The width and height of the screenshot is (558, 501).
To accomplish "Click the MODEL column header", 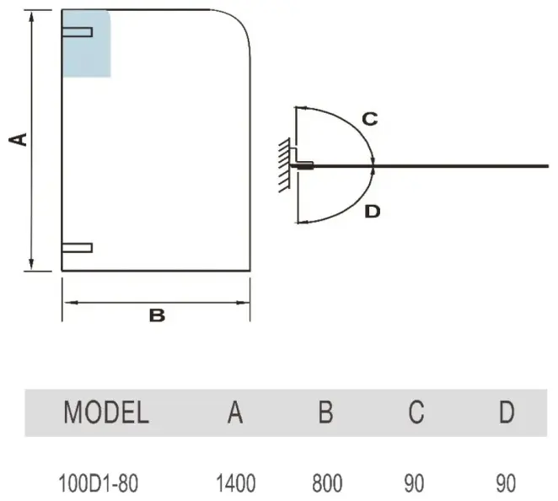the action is (106, 412).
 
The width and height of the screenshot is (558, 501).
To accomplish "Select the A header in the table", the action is (235, 412).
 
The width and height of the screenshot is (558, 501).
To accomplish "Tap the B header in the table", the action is (325, 412).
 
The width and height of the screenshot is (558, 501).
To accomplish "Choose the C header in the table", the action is (416, 412).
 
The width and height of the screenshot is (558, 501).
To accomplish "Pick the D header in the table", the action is (507, 412).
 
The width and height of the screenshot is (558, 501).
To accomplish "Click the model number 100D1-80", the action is (98, 483).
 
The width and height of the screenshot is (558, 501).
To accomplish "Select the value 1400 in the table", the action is (236, 483).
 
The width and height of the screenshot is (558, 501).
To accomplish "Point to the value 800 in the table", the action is (327, 483).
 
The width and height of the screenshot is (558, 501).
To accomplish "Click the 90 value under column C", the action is (414, 483).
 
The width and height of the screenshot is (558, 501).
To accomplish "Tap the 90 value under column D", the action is (506, 483).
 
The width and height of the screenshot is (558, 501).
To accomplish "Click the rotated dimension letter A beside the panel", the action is (19, 139).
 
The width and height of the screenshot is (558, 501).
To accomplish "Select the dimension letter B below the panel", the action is (157, 315).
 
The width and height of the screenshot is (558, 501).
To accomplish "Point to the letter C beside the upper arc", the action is (370, 119).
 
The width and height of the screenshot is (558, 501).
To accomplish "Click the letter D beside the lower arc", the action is (373, 212).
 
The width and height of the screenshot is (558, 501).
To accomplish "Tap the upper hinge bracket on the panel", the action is (78, 32).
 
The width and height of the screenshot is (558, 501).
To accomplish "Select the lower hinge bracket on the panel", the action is (78, 247).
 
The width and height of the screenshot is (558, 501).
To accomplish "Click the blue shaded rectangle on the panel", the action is (87, 44).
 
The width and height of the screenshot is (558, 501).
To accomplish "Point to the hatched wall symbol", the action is (284, 164).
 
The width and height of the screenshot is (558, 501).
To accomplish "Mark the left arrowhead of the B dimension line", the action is (70, 303).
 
